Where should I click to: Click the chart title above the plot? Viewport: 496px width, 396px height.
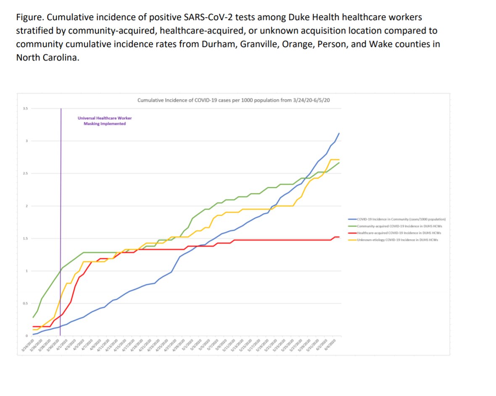click(237, 100)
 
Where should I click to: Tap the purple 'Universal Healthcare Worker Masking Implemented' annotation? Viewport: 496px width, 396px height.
click(101, 121)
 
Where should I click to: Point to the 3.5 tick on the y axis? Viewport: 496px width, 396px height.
click(25, 108)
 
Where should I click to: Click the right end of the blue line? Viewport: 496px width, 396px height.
click(339, 133)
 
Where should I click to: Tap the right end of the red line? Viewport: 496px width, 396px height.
click(339, 237)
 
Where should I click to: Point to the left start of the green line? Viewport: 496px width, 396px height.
click(33, 317)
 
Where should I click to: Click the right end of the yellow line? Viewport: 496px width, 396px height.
click(339, 159)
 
